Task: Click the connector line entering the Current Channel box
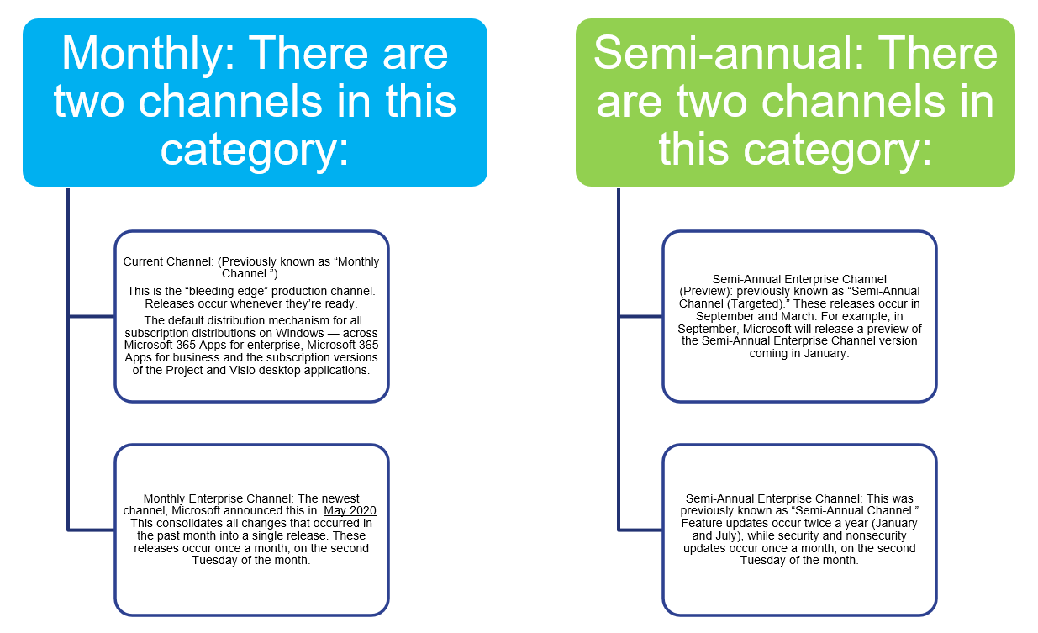91,317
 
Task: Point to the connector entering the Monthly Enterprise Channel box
91,530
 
